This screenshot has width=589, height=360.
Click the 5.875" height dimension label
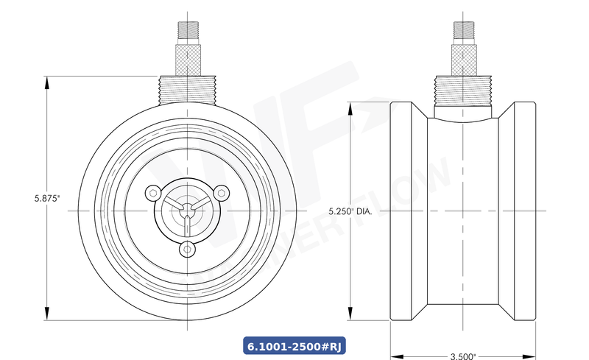click(x=46, y=198)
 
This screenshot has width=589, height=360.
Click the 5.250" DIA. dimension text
click(x=350, y=211)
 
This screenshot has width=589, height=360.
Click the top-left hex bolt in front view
click(x=152, y=193)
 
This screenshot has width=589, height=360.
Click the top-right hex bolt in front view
click(x=219, y=193)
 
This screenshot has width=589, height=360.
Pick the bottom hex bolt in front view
click(x=186, y=250)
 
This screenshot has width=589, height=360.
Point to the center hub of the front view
click(x=186, y=212)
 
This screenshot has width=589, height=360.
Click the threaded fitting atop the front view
click(x=186, y=89)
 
